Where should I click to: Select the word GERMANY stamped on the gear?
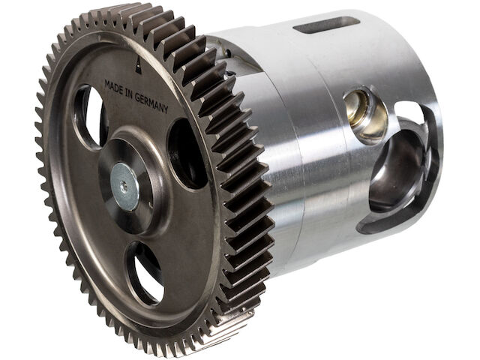[151, 103]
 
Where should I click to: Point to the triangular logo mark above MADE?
[138, 65]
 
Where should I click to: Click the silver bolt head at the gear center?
[124, 187]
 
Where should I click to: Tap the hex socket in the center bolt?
[123, 185]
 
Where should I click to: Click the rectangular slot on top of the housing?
[327, 25]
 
